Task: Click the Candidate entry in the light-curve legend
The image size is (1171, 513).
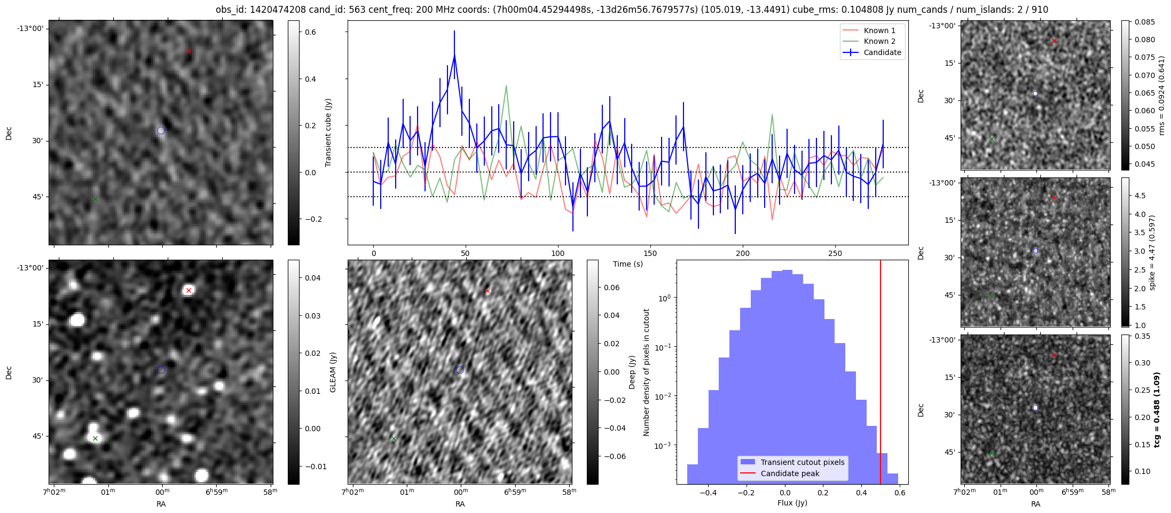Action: (882, 52)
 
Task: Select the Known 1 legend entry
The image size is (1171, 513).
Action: (879, 30)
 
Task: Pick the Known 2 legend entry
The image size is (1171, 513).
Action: (879, 41)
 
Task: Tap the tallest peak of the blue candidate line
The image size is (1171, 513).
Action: (454, 55)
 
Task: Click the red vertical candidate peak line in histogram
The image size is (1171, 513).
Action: (881, 374)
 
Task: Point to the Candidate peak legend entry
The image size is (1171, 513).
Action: (790, 473)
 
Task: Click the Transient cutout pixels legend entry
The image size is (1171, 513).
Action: (803, 462)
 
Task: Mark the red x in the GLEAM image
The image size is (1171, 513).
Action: (188, 291)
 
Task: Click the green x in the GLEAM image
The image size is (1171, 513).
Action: (95, 439)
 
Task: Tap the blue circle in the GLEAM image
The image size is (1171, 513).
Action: (161, 370)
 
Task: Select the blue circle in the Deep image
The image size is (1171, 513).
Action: (460, 370)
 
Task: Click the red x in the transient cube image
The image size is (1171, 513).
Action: (188, 51)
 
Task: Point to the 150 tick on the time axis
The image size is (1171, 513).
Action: (650, 253)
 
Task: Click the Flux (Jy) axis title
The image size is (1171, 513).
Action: (792, 503)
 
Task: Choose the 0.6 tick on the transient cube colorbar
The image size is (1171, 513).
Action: (310, 32)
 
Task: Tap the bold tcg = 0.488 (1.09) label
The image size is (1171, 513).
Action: (1157, 410)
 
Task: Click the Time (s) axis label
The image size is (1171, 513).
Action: (627, 264)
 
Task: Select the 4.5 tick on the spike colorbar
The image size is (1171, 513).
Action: (1139, 196)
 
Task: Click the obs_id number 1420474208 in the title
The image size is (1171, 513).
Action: (281, 10)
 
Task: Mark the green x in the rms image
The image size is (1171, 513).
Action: (992, 139)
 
